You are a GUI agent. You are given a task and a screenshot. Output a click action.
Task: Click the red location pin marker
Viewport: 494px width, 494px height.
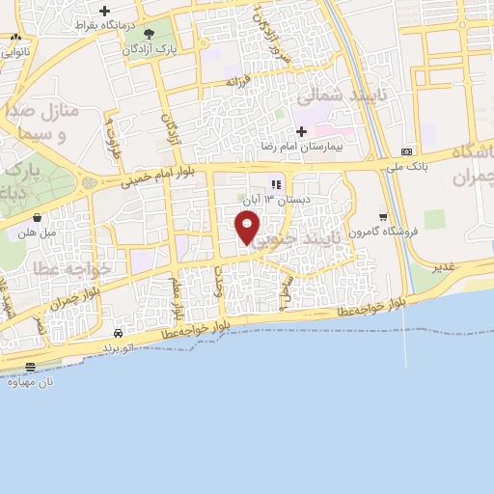(x=248, y=228)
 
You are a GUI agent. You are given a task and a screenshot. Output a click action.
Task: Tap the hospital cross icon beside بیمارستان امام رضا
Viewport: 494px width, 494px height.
(x=301, y=131)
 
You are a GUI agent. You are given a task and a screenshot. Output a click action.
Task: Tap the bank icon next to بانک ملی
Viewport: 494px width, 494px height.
(x=407, y=151)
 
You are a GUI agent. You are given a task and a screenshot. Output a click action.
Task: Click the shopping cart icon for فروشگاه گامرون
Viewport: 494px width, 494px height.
(x=383, y=216)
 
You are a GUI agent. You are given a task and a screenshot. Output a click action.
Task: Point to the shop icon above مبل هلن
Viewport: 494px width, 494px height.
(x=37, y=217)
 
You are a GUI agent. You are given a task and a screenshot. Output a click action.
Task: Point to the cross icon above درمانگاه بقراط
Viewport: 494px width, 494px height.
(x=104, y=12)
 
